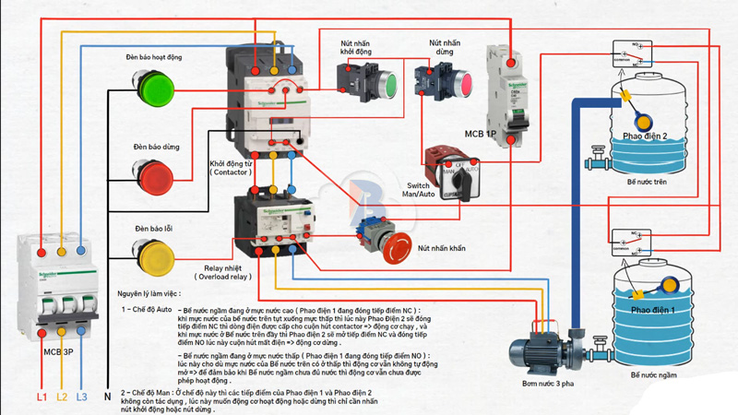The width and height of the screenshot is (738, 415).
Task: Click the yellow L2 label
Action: [62, 397]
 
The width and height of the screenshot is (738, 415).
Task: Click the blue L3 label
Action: [82, 397]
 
